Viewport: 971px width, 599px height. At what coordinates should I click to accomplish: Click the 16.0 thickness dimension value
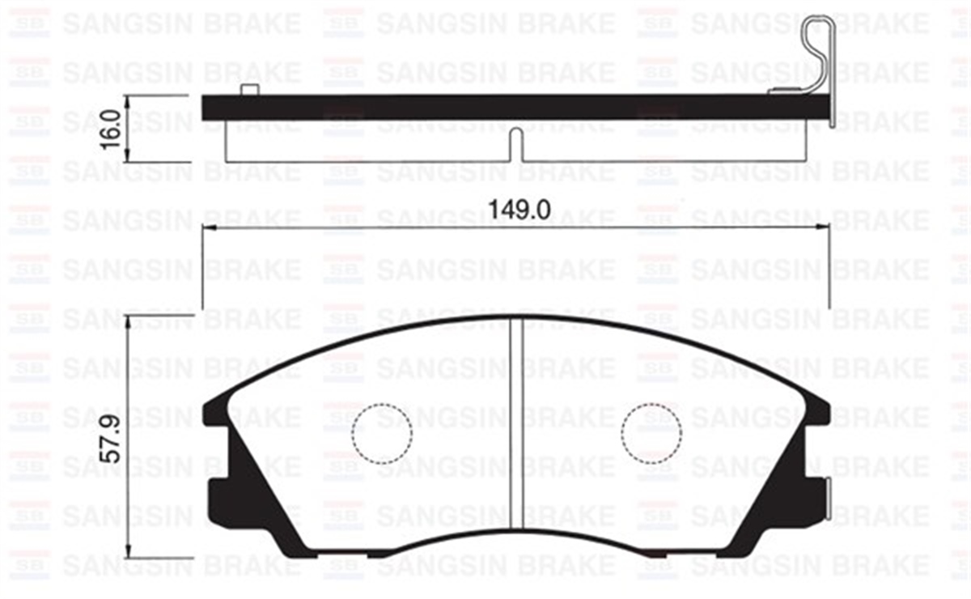point(112,128)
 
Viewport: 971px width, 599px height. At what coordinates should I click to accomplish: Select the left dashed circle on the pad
point(382,433)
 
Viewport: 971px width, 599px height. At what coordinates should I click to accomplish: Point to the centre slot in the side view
point(516,146)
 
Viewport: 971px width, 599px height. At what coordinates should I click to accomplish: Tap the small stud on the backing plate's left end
point(249,90)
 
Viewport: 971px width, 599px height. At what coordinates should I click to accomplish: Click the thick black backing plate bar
point(518,107)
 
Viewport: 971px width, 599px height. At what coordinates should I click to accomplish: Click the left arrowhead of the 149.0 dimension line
point(206,228)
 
